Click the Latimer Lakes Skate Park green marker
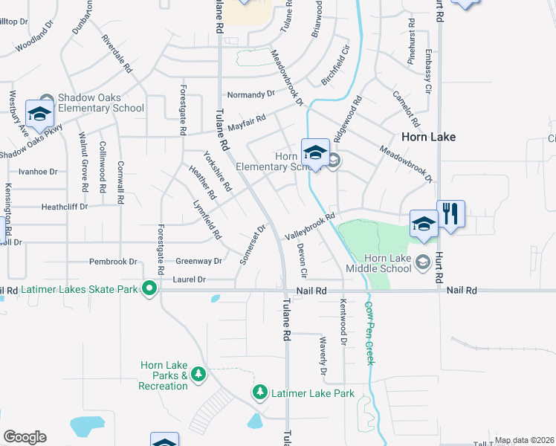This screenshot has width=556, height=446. click(149, 288)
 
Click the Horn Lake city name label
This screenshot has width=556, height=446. click(428, 137)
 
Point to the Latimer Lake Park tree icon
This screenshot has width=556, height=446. click(259, 392)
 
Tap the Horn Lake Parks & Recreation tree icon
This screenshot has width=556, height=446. click(198, 374)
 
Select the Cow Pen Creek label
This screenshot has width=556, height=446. click(369, 332)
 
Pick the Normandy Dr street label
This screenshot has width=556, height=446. click(250, 94)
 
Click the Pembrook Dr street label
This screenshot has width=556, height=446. click(113, 262)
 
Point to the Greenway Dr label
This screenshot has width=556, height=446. click(198, 262)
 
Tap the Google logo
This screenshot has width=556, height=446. click(25, 437)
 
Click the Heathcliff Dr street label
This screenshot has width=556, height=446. click(65, 207)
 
